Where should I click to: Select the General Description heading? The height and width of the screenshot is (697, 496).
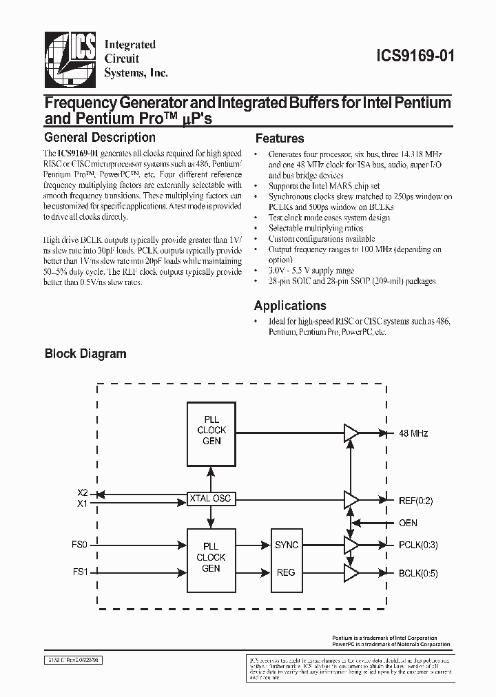[x=100, y=138]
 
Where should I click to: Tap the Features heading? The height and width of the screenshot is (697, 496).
[x=280, y=138]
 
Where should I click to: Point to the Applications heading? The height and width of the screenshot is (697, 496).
[x=290, y=306]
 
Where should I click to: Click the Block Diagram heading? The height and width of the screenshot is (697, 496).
[x=85, y=354]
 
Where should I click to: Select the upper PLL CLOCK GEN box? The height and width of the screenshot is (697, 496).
[x=211, y=430]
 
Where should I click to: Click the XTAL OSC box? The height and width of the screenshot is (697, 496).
[x=211, y=497]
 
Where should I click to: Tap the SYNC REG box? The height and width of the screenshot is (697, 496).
[x=286, y=558]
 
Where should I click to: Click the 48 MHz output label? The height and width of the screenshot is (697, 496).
[x=413, y=433]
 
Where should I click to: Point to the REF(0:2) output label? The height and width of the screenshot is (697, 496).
[x=416, y=501]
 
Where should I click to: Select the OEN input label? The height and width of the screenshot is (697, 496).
[x=409, y=523]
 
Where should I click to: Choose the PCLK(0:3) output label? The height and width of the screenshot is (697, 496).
[x=418, y=545]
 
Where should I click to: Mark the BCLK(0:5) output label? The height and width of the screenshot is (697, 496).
[x=418, y=572]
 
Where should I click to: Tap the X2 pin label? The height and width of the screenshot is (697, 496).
[x=83, y=492]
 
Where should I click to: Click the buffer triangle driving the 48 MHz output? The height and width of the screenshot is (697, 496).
[x=351, y=433]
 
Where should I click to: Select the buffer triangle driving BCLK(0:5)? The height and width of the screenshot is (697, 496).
[x=351, y=572]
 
